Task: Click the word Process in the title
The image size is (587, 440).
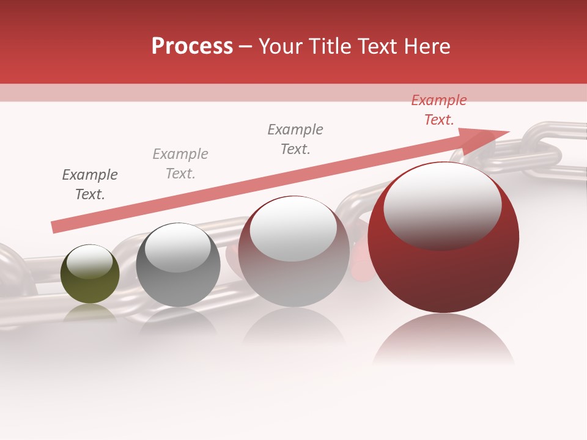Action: pos(192,46)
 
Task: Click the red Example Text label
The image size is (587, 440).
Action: pos(438,110)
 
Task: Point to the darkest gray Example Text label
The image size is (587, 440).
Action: pos(90,185)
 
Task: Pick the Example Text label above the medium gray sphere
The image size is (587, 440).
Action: pos(180,164)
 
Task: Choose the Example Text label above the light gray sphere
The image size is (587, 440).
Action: pos(295,139)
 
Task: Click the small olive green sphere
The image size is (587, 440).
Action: pos(90,274)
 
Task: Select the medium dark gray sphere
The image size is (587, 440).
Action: pos(178,265)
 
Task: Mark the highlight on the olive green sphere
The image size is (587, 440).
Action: pos(89,261)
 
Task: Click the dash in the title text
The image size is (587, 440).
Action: pos(245,46)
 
